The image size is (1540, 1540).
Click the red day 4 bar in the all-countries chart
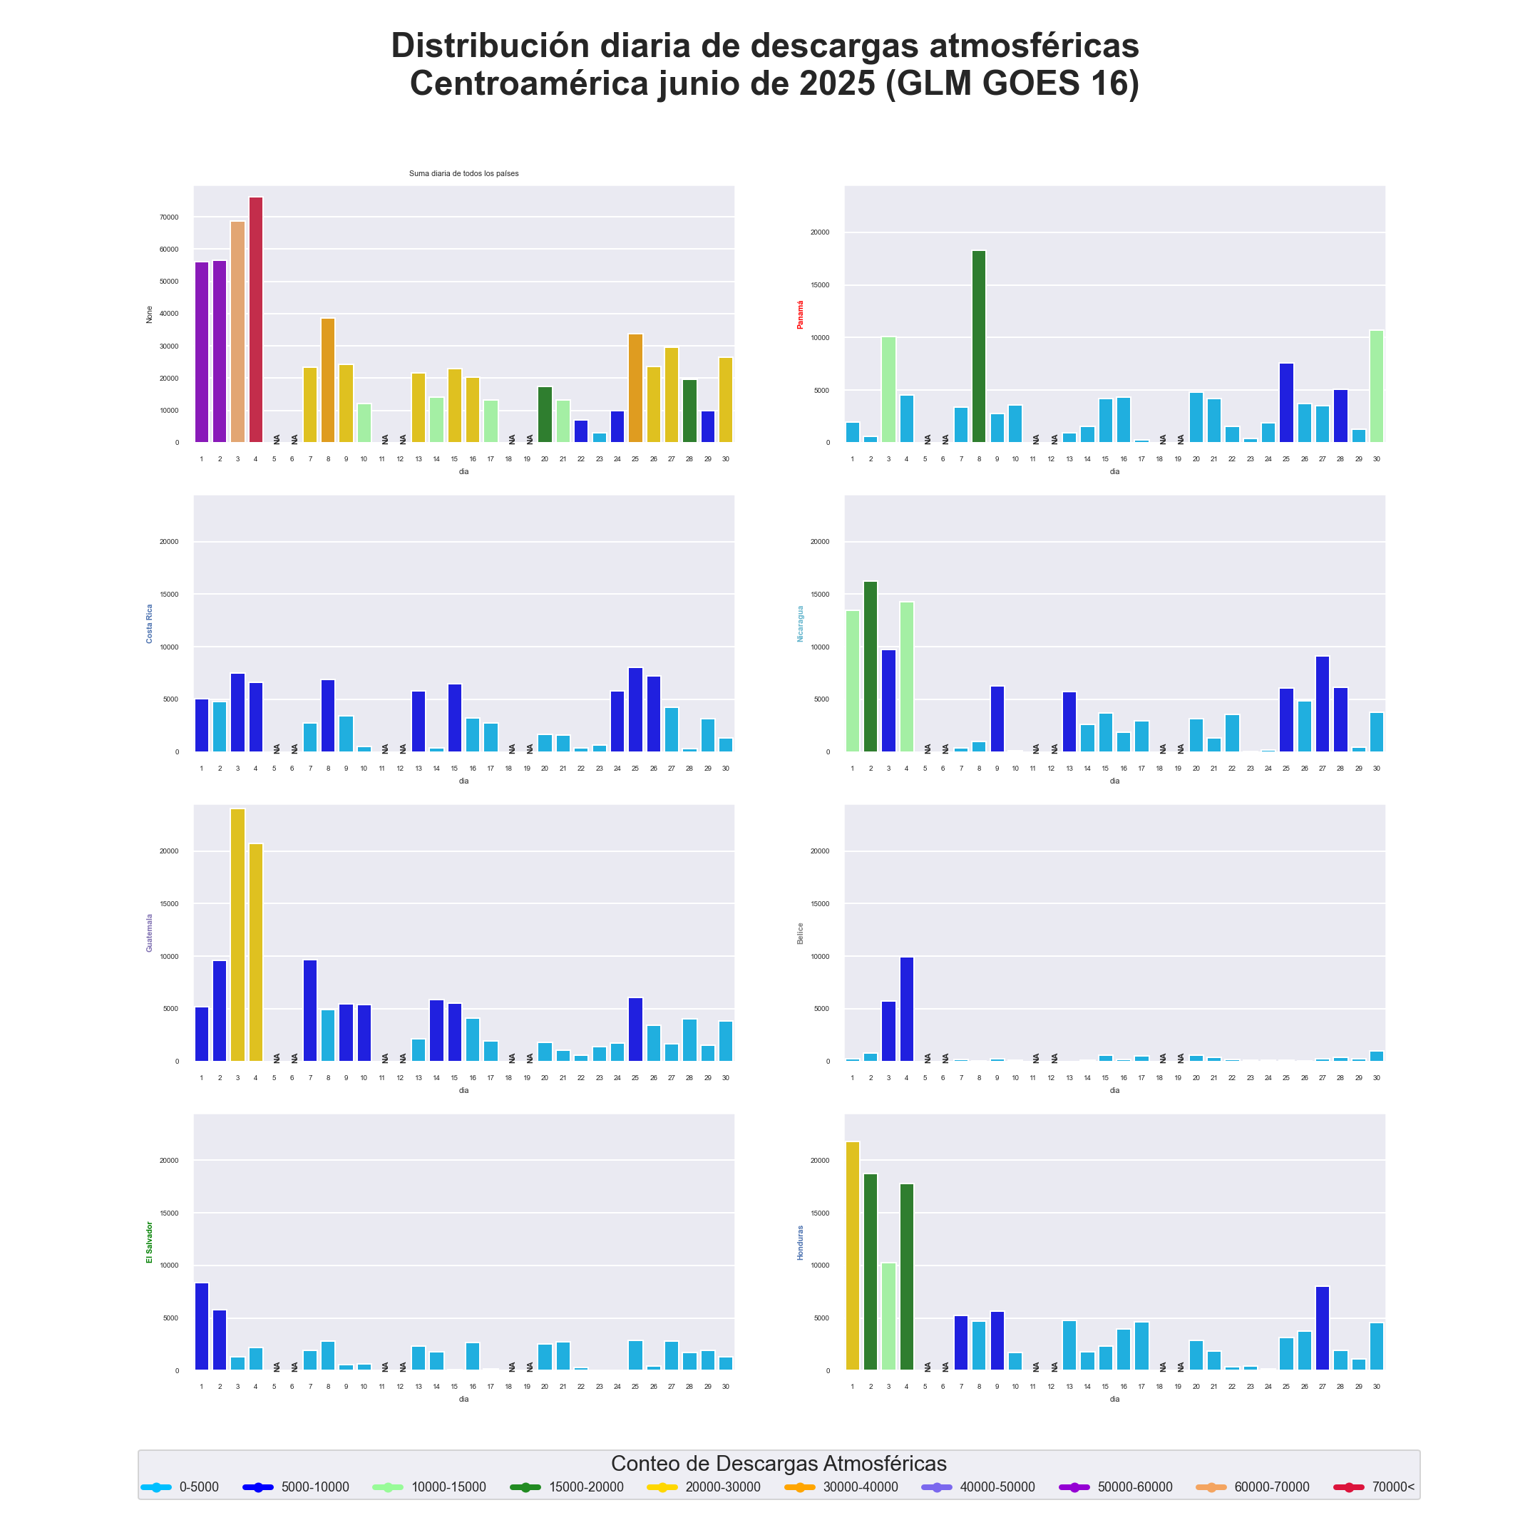[x=256, y=319]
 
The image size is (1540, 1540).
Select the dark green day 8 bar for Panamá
[x=979, y=346]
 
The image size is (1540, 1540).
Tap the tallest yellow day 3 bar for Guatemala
[x=237, y=934]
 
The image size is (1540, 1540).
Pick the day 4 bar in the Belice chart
[x=906, y=1008]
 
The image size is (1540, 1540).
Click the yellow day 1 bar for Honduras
[x=853, y=1256]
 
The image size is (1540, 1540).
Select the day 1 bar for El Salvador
[x=202, y=1326]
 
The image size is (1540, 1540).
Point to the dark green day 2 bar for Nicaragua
[x=871, y=667]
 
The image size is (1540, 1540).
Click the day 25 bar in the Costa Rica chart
[x=635, y=709]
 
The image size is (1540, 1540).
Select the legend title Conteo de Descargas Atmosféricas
[x=779, y=1464]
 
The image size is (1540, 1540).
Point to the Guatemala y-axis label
[x=149, y=933]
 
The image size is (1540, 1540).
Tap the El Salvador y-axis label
[x=149, y=1242]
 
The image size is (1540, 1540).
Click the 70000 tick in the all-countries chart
[x=169, y=217]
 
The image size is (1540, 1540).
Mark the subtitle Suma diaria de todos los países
[x=464, y=173]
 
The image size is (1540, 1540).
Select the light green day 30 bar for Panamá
[x=1377, y=386]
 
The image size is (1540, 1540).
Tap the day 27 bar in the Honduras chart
[x=1323, y=1328]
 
